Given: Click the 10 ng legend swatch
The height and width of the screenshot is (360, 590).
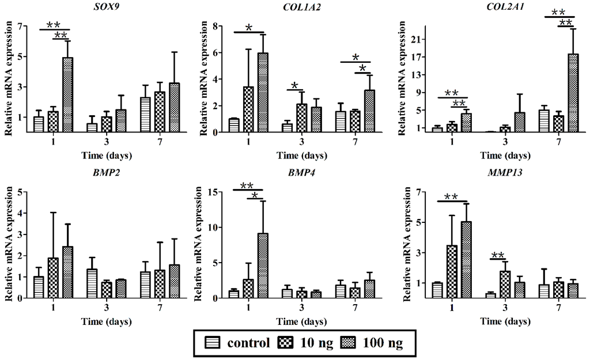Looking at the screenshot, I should pos(288,343).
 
